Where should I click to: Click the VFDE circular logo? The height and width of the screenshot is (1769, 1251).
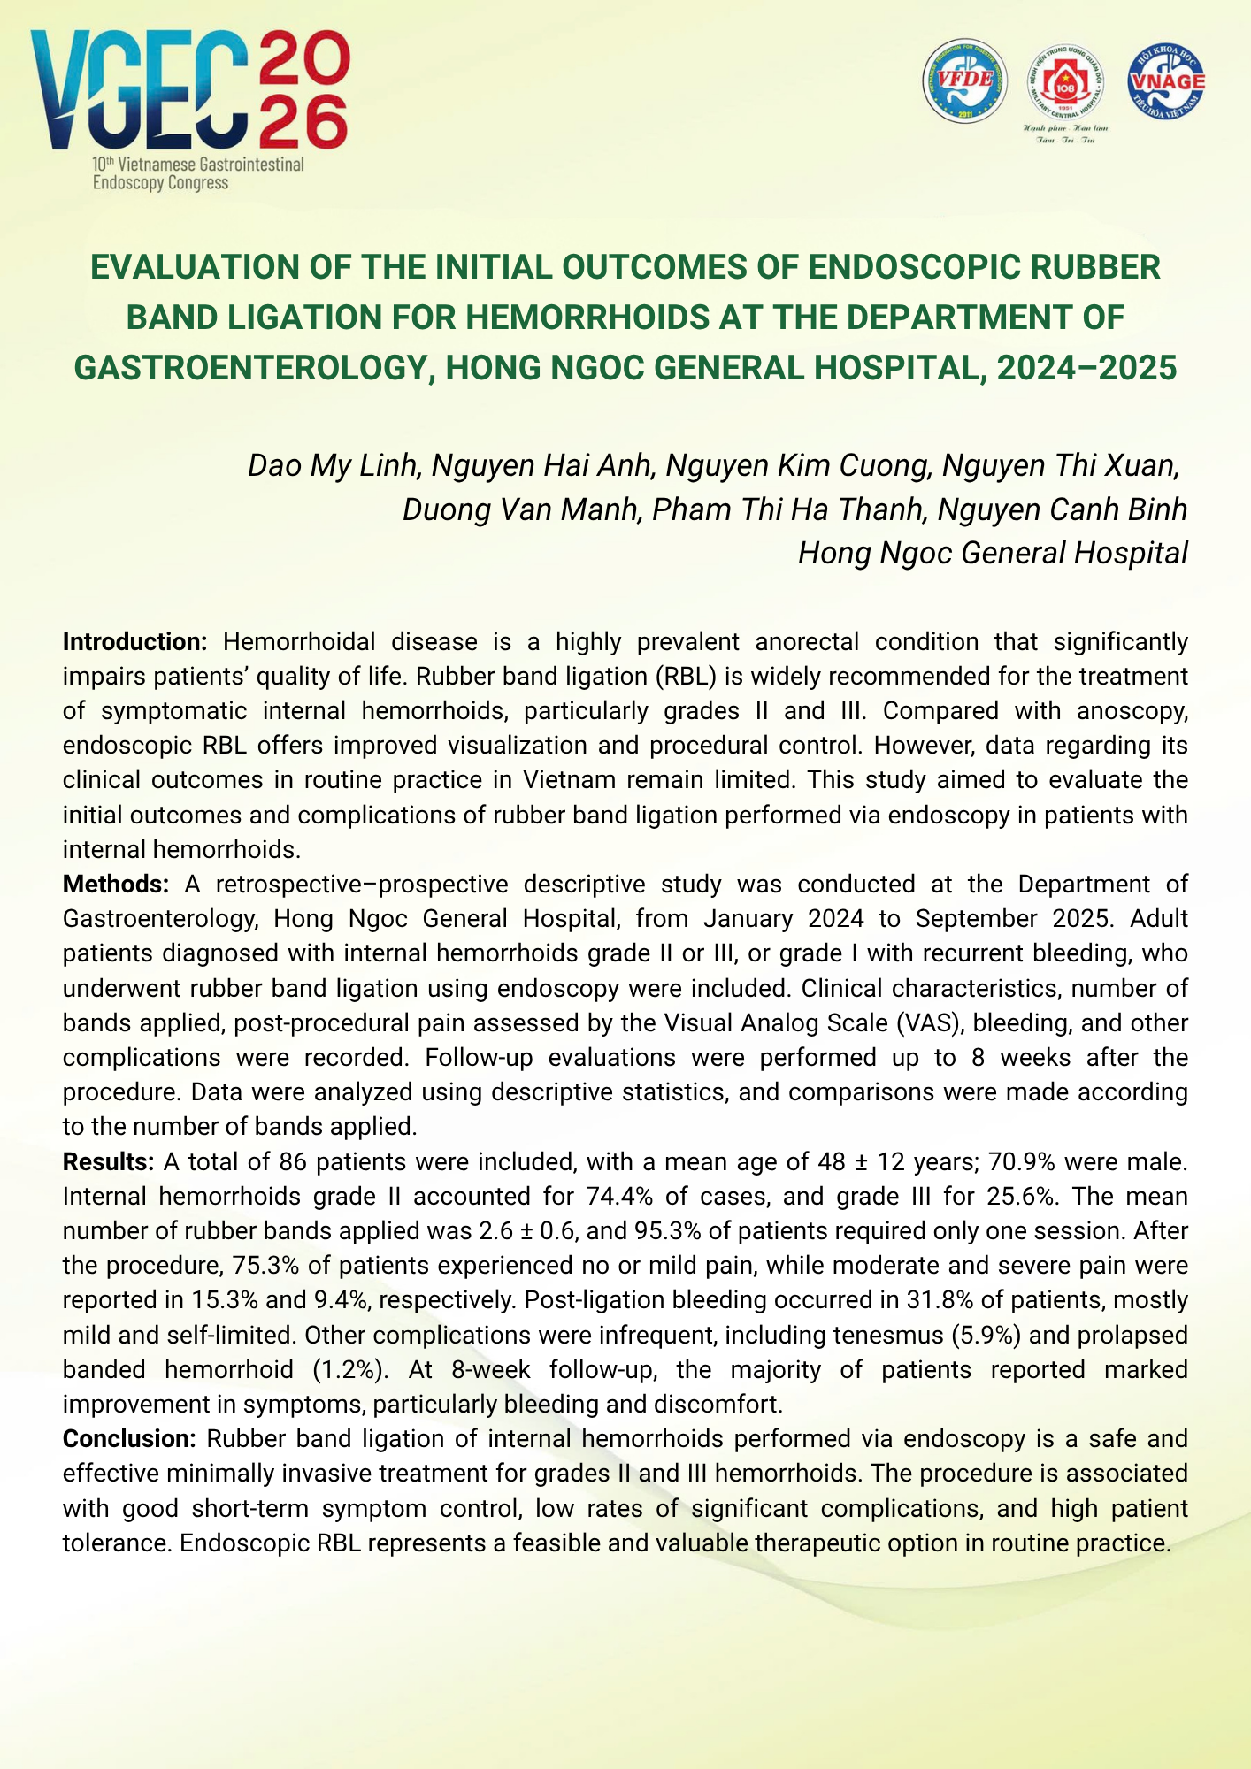point(964,81)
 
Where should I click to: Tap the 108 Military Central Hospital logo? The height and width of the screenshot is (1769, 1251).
point(1064,84)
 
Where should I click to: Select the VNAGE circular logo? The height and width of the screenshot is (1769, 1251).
point(1166,81)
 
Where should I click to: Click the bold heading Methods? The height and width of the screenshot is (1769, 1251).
point(116,884)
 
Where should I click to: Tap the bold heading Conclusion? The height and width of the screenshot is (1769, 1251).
point(129,1439)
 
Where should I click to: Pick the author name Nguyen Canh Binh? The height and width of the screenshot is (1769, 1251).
point(1062,509)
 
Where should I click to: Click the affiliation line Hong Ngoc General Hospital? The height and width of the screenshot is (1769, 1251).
point(993,553)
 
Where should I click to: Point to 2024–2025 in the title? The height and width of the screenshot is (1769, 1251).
point(1086,367)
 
